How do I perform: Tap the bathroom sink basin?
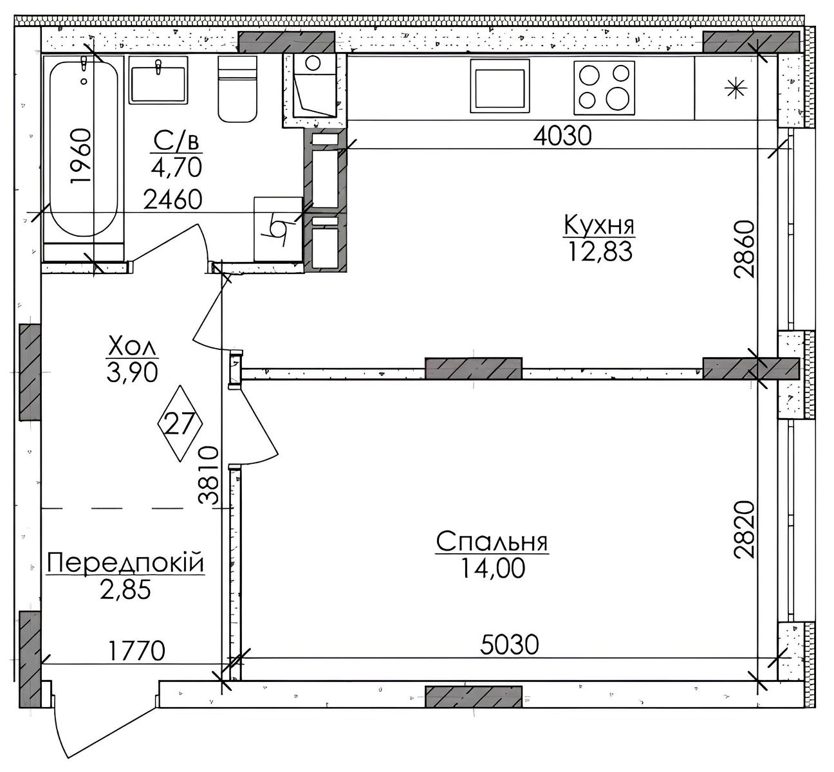[x=158, y=80]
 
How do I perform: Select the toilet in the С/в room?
[x=237, y=89]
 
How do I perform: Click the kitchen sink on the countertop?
[x=500, y=86]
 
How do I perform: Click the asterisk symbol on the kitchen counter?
[x=736, y=89]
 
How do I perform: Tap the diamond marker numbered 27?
[x=180, y=424]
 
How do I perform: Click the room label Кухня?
[x=599, y=226]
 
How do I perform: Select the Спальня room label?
[x=492, y=542]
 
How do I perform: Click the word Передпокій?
[x=125, y=563]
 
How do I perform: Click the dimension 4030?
[x=562, y=136]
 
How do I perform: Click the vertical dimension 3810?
[x=209, y=475]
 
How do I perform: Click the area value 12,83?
[x=600, y=252]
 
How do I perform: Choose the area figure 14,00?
[x=492, y=569]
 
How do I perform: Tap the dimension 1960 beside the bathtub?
[x=80, y=156]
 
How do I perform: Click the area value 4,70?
[x=176, y=167]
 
